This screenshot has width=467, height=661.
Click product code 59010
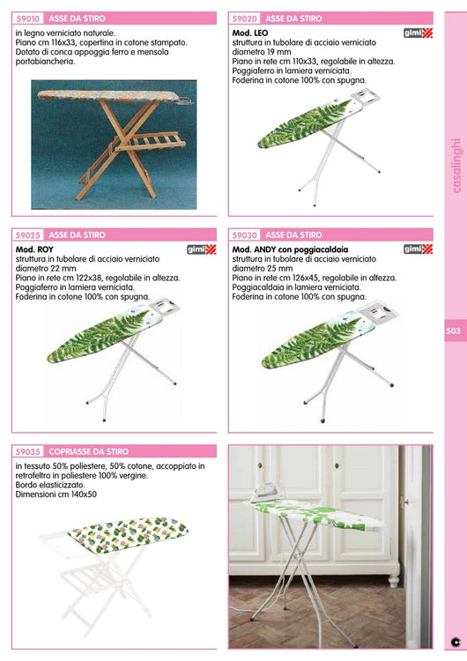(28, 19)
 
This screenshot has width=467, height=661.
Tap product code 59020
(244, 19)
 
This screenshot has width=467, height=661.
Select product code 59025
(28, 235)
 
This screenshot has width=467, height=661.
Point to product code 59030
(244, 235)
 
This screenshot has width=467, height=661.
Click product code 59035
(28, 452)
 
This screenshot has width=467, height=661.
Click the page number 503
(454, 330)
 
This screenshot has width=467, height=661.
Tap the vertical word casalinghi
(456, 166)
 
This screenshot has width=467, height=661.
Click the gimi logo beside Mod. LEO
(419, 33)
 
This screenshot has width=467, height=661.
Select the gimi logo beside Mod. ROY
(202, 249)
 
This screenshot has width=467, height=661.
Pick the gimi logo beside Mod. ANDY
(419, 249)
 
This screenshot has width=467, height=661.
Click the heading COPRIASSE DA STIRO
(88, 452)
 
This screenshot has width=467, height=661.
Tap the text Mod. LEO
(250, 33)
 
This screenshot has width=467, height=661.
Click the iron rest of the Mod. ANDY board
(378, 312)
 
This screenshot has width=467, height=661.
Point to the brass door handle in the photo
(404, 501)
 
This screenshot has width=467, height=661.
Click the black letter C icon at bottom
(456, 642)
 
